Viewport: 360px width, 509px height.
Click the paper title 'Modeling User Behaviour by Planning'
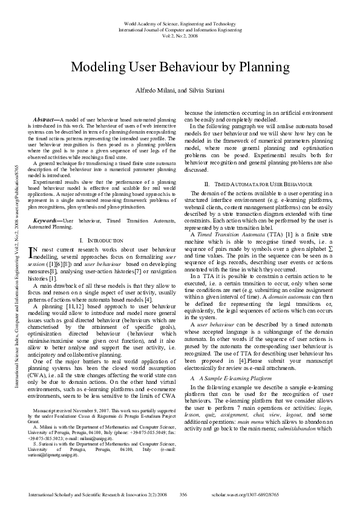point(180,66)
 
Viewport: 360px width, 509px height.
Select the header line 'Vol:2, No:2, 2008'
point(180,35)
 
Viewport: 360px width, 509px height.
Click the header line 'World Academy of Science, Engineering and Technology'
point(180,22)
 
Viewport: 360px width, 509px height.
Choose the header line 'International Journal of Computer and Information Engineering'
point(180,28)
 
